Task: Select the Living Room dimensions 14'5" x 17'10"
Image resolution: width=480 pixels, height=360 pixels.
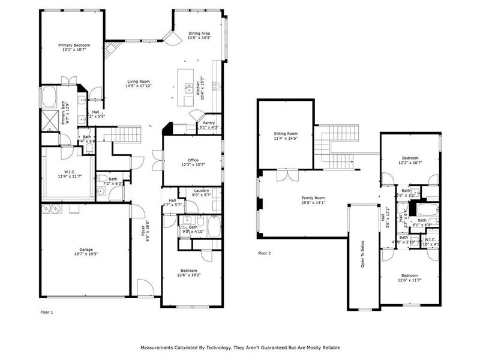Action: pos(138,86)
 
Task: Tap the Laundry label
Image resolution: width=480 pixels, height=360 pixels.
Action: pos(201,190)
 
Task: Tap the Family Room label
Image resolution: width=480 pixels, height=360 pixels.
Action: pos(313,197)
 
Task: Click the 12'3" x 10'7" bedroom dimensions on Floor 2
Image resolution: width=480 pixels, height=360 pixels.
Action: pos(411,163)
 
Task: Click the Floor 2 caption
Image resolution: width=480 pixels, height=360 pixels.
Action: pos(265,253)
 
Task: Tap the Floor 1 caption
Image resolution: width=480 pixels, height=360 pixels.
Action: pos(47,313)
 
